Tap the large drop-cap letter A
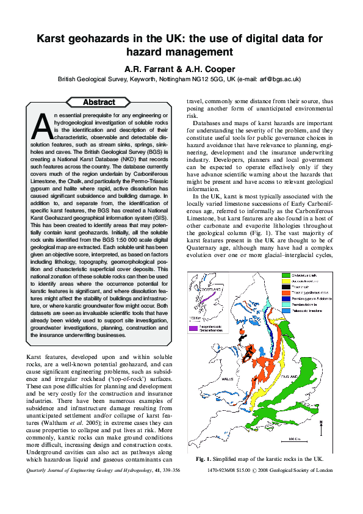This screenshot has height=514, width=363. [x=41, y=126]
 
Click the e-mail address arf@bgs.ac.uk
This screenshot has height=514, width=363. [x=278, y=79]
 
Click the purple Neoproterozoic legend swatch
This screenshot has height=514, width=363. [x=193, y=327]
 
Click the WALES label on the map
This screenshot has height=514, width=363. [x=227, y=378]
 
